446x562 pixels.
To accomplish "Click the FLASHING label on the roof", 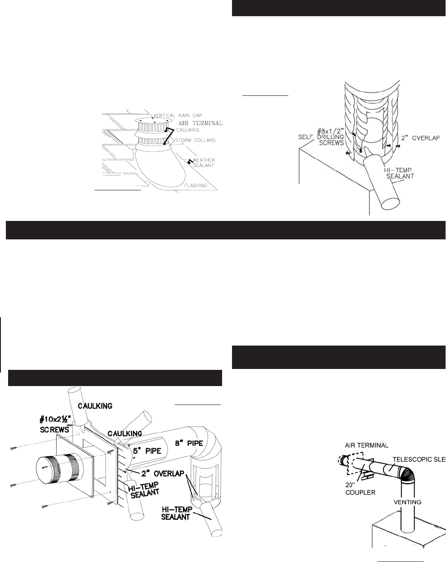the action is click(x=195, y=185).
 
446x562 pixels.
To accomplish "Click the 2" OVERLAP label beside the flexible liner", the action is click(x=420, y=138).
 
